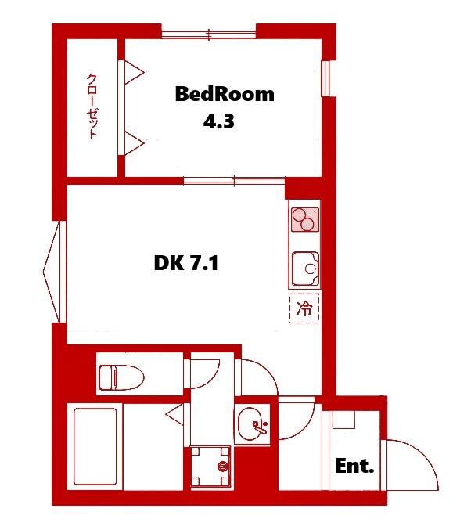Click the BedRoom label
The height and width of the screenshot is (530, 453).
pyautogui.click(x=225, y=95)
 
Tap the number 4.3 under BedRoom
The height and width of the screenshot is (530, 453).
pyautogui.click(x=219, y=122)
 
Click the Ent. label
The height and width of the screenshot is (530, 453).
pyautogui.click(x=354, y=467)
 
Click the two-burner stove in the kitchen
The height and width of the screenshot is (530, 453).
pyautogui.click(x=304, y=218)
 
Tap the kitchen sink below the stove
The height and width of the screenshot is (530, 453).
pyautogui.click(x=304, y=269)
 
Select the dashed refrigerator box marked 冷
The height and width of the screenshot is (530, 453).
pyautogui.click(x=304, y=307)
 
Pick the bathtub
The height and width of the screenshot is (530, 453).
pyautogui.click(x=95, y=447)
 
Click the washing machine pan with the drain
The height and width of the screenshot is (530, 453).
pyautogui.click(x=213, y=467)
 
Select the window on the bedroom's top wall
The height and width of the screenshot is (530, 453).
pyautogui.click(x=209, y=34)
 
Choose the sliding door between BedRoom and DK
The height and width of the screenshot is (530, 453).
pyautogui.click(x=234, y=181)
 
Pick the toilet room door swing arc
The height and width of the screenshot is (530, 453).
pyautogui.click(x=205, y=371)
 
